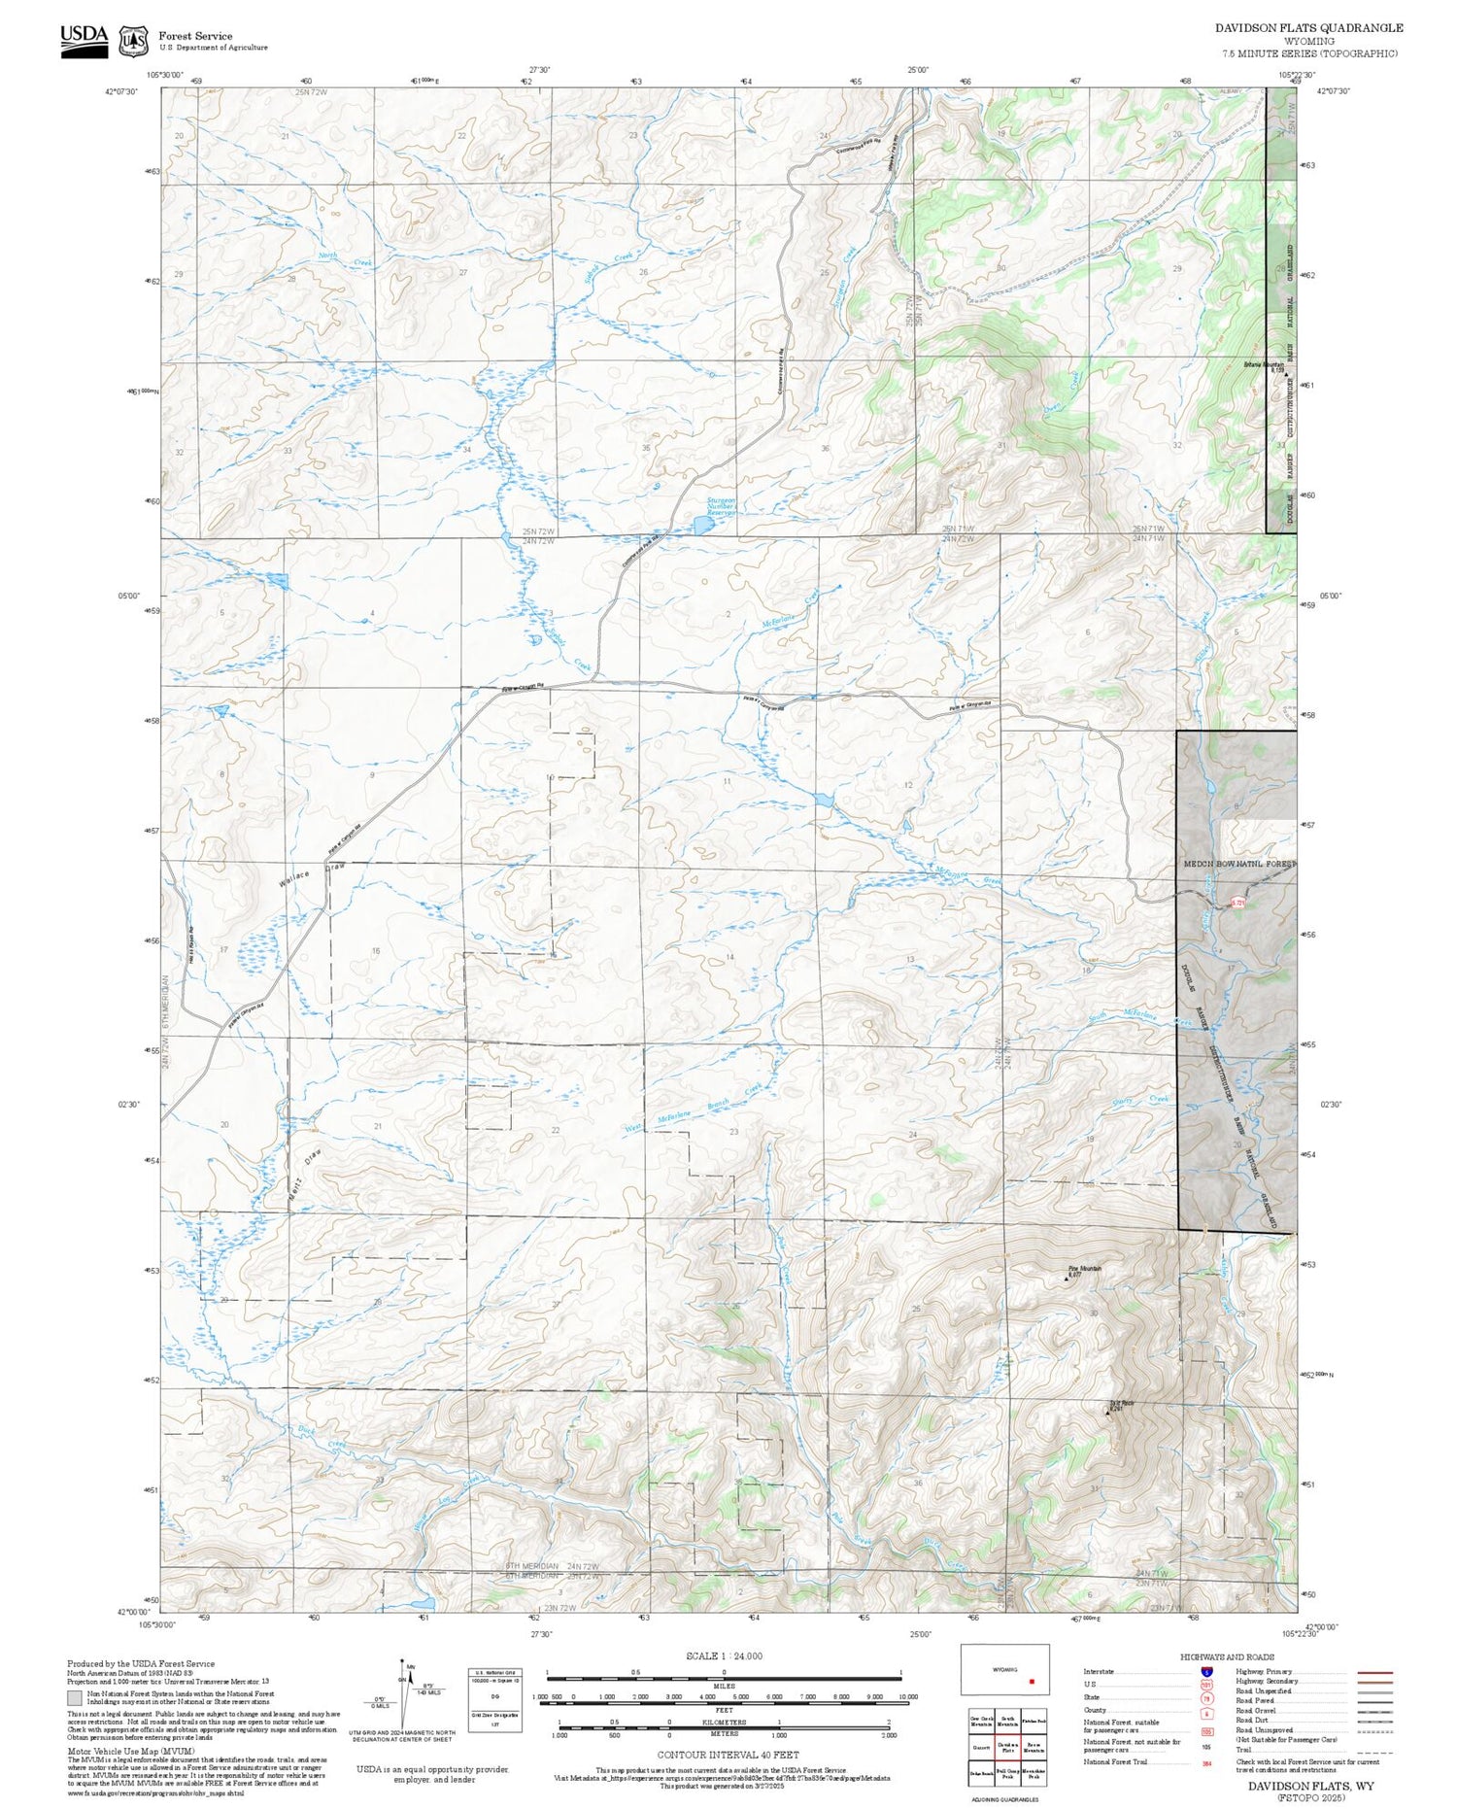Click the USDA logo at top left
(x=85, y=40)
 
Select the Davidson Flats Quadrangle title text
(x=1308, y=28)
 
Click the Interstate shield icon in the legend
(x=1205, y=1671)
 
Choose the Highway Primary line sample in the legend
(x=1372, y=1672)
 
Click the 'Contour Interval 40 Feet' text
(x=728, y=1755)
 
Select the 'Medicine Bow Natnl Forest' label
(x=1238, y=863)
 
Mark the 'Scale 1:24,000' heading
(x=724, y=1655)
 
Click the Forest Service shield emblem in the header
(x=132, y=41)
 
